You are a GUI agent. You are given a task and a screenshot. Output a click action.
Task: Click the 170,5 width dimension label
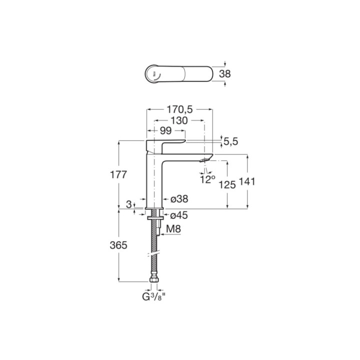click(x=179, y=109)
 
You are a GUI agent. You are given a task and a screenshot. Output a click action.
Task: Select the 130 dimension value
click(x=179, y=120)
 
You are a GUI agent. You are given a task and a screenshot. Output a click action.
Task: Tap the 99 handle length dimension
click(x=166, y=130)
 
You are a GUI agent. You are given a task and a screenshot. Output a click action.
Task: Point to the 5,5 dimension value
click(x=230, y=141)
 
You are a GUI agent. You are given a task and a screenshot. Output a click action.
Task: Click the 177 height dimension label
click(x=118, y=174)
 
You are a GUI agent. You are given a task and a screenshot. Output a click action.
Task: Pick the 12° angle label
click(x=207, y=179)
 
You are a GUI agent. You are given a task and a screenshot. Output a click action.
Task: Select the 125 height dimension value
click(x=227, y=184)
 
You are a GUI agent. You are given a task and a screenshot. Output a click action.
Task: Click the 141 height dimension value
click(x=247, y=181)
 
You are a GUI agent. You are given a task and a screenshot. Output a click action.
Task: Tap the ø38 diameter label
click(x=179, y=199)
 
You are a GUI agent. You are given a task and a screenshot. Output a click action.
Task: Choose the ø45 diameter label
click(x=179, y=215)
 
